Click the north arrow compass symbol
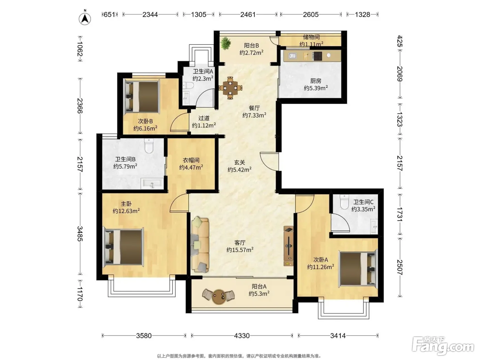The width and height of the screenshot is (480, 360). pos(85,19)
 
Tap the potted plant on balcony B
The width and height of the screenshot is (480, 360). pos(226,43)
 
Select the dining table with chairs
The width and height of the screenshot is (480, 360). pos(230,88)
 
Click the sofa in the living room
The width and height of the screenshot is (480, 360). pos(200,245)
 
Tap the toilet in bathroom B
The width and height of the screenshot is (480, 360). pos(149,146)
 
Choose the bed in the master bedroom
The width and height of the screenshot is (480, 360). pos(123,247)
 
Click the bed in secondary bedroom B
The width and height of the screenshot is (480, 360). pos(142,97)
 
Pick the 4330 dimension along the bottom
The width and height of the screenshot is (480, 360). pos(242,336)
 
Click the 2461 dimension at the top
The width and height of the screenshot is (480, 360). pos(248,14)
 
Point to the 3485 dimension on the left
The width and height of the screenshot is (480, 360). pos(80,234)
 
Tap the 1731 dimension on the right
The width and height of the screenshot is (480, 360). pos(399,214)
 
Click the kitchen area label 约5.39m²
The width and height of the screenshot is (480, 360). pos(316,88)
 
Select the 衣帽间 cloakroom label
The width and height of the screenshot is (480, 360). pos(191,160)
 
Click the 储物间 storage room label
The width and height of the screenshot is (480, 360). pos(311,37)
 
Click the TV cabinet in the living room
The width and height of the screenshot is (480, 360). pos(288,246)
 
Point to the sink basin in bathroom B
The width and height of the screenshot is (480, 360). pos(152,183)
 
